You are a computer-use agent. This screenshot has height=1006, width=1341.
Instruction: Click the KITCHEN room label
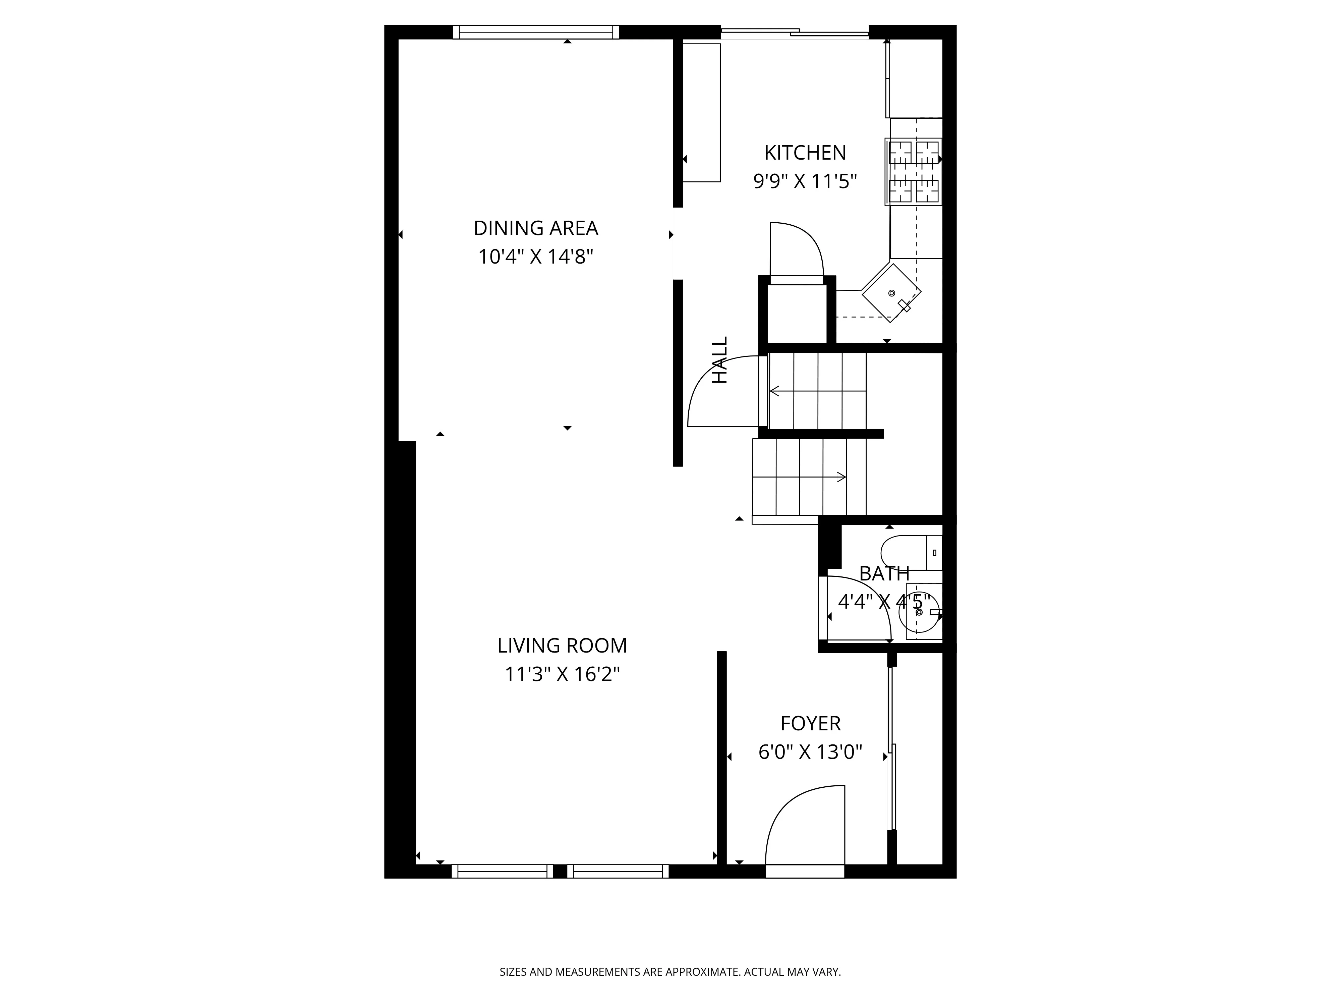pyautogui.click(x=805, y=153)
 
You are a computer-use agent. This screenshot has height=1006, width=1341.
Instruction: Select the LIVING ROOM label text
pyautogui.click(x=562, y=646)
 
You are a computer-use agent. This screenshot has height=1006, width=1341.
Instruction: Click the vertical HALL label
pyautogui.click(x=719, y=360)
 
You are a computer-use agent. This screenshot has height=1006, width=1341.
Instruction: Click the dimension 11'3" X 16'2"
pyautogui.click(x=562, y=674)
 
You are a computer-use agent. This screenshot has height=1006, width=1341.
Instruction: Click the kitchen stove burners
pyautogui.click(x=914, y=172)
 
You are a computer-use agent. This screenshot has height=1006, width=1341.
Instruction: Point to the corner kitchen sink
pyautogui.click(x=891, y=293)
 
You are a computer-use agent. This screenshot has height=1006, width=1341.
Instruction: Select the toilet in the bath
pyautogui.click(x=909, y=552)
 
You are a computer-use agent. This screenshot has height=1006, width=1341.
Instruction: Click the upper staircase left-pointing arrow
pyautogui.click(x=775, y=391)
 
